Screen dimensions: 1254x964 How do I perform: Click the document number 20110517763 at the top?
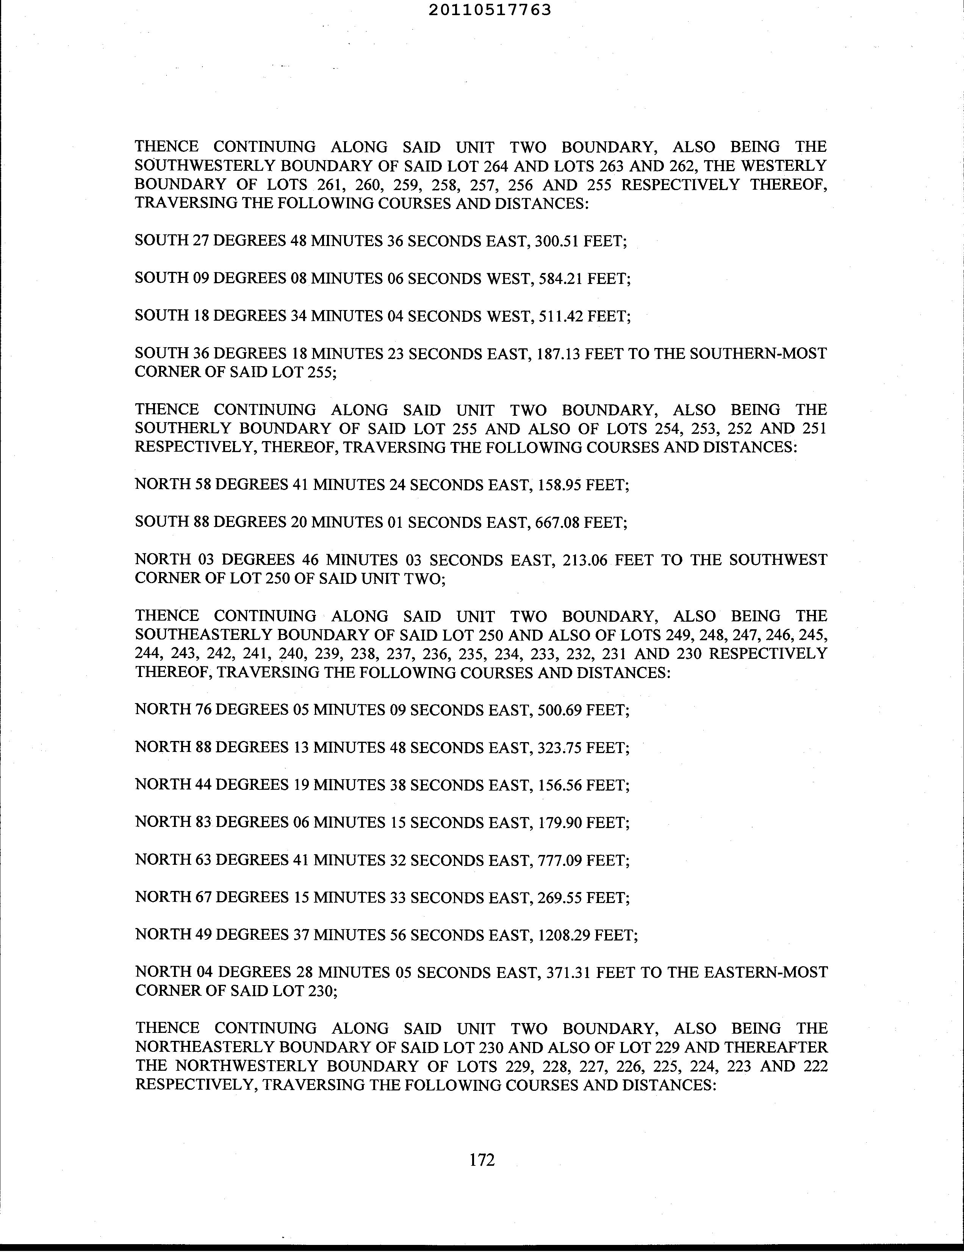click(x=490, y=10)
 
